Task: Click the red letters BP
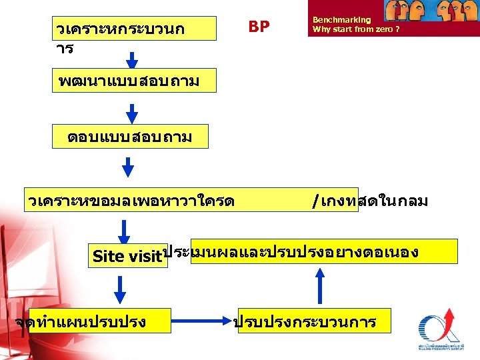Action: (x=259, y=27)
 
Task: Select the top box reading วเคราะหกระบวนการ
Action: (x=134, y=29)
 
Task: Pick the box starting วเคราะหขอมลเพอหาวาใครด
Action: (x=133, y=200)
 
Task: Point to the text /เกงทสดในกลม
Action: (x=369, y=200)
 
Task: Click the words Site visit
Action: (x=127, y=256)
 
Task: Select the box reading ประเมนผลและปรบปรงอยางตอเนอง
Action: (x=324, y=251)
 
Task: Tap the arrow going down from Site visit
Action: (x=120, y=289)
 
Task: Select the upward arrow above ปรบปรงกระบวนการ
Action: (x=321, y=286)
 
